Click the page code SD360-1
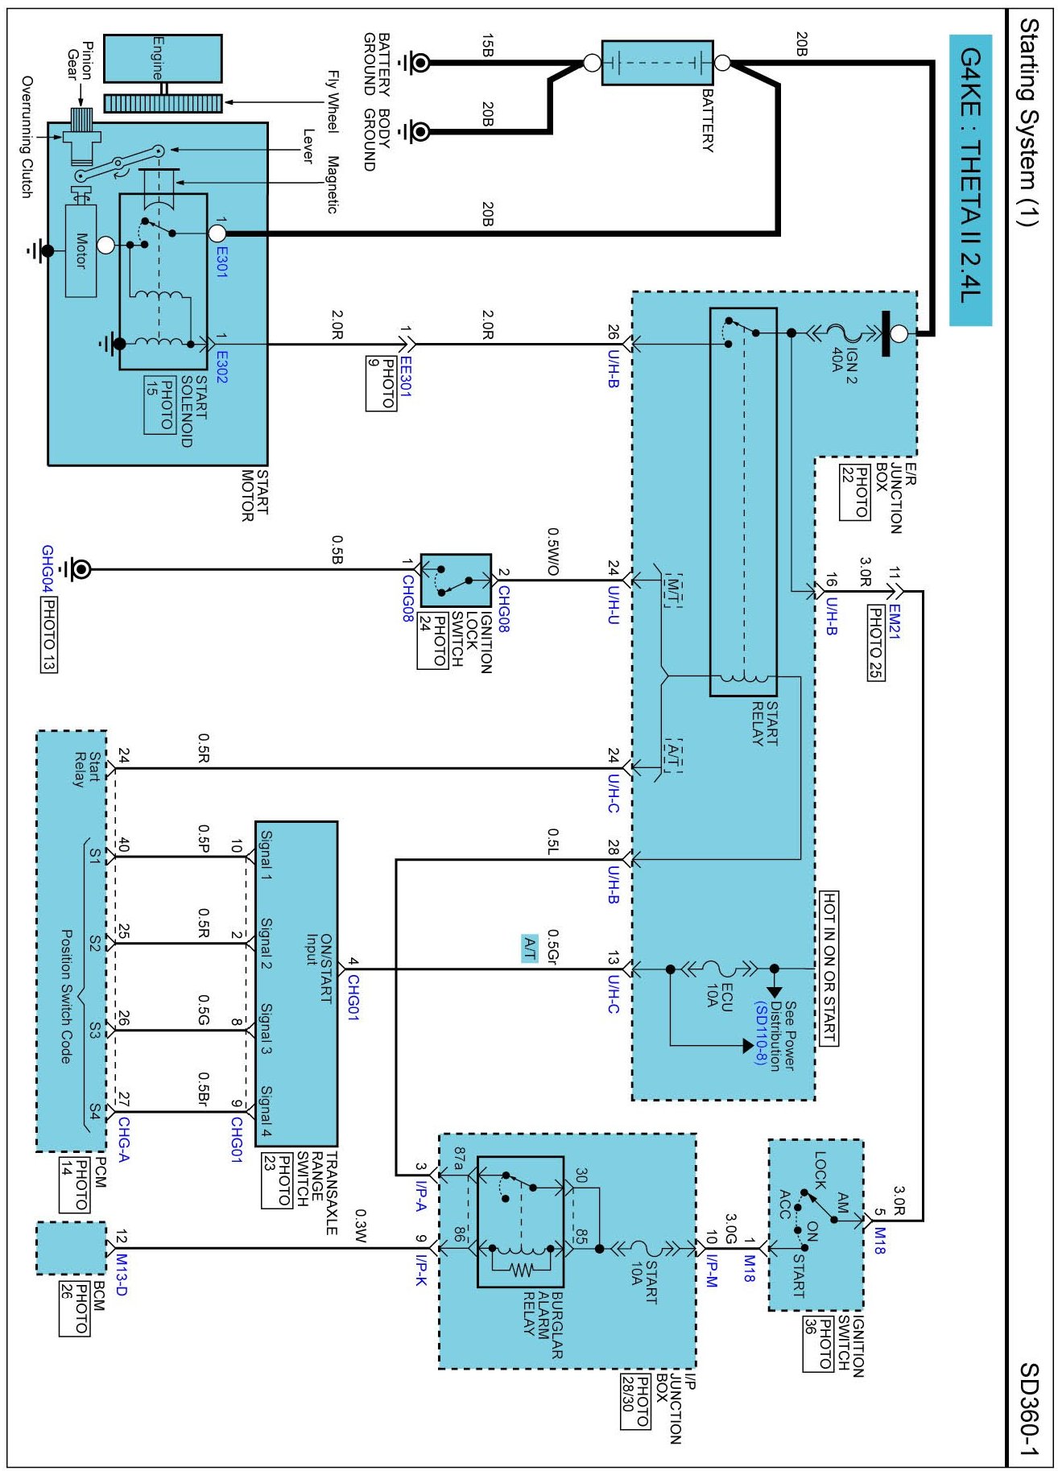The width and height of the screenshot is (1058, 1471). pyautogui.click(x=1029, y=1408)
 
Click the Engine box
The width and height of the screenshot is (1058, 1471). pyautogui.click(x=163, y=58)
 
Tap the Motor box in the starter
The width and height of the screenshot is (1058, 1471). pyautogui.click(x=81, y=250)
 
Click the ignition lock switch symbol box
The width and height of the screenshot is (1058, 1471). pyautogui.click(x=456, y=580)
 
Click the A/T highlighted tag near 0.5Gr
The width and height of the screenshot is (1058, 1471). pyautogui.click(x=529, y=948)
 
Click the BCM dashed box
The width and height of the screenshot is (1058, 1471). pyautogui.click(x=71, y=1248)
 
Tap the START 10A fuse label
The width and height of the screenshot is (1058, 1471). pyautogui.click(x=643, y=1283)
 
